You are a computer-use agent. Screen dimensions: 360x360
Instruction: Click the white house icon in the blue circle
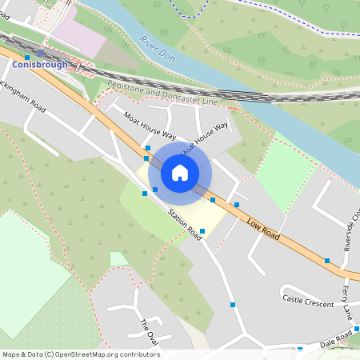[179, 172]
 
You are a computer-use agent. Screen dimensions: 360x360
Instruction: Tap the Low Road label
[262, 229]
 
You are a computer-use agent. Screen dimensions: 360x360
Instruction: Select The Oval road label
[146, 327]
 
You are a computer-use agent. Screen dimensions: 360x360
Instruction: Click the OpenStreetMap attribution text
[81, 354]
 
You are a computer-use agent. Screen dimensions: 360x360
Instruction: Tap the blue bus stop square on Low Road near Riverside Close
[326, 261]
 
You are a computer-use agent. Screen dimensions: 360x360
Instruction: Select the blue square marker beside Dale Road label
[300, 349]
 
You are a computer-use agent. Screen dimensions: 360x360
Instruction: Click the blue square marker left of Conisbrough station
[27, 58]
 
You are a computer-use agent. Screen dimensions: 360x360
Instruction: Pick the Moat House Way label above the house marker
[206, 138]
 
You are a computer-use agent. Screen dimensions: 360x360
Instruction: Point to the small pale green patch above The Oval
[119, 258]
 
